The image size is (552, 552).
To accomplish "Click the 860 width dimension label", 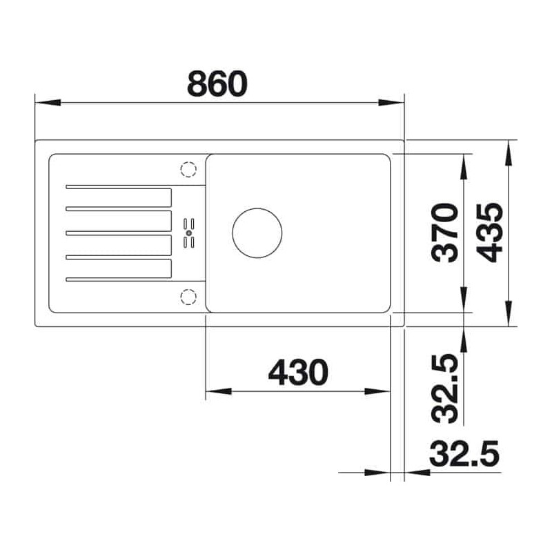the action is [217, 83].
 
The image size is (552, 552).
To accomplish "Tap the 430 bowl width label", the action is [298, 372].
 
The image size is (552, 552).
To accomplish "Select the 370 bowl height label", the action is [445, 233].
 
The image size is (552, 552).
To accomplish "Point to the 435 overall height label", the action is [489, 233].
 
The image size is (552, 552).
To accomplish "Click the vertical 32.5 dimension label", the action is [445, 388].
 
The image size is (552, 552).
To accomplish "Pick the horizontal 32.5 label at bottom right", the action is [464, 453].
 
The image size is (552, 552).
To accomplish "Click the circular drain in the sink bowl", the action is [257, 233].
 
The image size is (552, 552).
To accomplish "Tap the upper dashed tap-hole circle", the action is [188, 169].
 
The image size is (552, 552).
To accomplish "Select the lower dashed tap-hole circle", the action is [188, 297].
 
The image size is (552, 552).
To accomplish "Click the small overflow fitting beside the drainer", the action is [189, 233].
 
